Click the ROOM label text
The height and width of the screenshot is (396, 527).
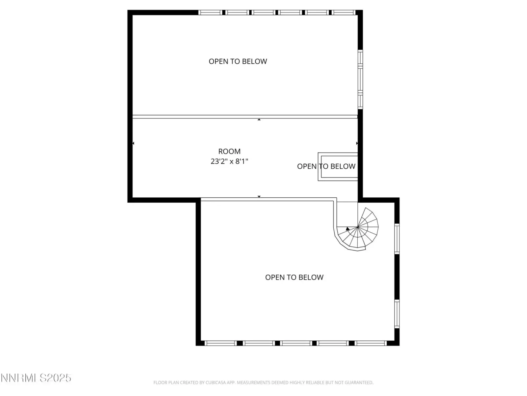(229, 151)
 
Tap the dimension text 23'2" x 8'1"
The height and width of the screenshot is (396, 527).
(229, 161)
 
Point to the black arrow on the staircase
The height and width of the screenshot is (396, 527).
(347, 229)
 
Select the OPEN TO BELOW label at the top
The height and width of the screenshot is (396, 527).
(238, 61)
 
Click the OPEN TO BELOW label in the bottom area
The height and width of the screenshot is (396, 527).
(294, 277)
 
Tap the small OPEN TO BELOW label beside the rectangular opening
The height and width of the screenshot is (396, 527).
(326, 166)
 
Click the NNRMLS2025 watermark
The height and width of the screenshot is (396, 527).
(36, 378)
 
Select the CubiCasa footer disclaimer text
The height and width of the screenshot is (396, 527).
(263, 382)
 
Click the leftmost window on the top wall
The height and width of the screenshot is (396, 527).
(210, 13)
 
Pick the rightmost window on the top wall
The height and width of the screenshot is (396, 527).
(343, 13)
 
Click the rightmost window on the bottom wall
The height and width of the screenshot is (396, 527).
(371, 343)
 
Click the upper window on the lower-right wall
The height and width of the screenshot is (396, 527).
(397, 239)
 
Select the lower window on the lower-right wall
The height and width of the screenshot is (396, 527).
(397, 314)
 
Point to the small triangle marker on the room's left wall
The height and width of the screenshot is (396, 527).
(133, 143)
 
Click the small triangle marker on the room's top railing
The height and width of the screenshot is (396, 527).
(259, 119)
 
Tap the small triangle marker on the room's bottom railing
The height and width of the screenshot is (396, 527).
(259, 196)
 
